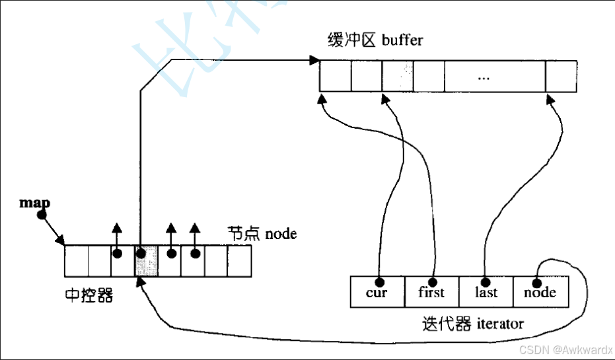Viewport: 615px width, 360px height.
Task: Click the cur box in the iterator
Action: (x=377, y=292)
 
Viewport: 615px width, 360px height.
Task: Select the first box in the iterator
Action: (x=431, y=292)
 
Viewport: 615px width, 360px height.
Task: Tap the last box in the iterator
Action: (x=486, y=292)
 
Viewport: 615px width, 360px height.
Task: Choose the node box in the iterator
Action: (x=540, y=292)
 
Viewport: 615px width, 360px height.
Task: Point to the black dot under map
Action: (x=42, y=215)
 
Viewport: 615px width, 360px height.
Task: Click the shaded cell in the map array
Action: (x=147, y=260)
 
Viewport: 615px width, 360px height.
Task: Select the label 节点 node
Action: (x=262, y=234)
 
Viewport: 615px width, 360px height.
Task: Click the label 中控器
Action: (x=89, y=295)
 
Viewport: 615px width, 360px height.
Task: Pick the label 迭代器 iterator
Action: (x=472, y=324)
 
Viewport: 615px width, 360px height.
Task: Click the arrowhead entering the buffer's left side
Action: (x=312, y=61)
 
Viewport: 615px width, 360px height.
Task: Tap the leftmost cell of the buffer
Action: (x=335, y=77)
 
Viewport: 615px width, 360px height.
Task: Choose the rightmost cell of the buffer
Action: (x=561, y=77)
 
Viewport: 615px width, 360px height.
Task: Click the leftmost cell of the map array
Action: (x=76, y=260)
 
